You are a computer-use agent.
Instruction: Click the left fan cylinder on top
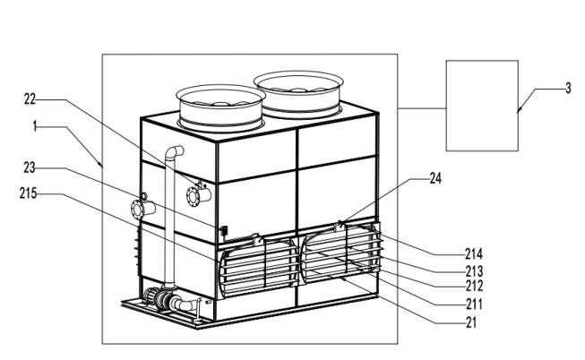[219, 107]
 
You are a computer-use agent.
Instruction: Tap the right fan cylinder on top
[299, 93]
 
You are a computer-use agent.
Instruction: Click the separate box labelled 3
[482, 105]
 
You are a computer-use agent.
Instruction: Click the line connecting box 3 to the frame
[422, 108]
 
